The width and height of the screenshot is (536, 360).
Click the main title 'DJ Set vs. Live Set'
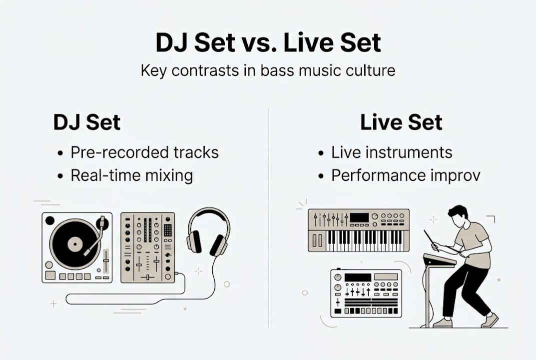coord(268,43)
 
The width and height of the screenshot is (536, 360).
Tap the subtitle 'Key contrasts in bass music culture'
coord(268,70)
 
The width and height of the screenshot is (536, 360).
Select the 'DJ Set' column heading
coord(87,122)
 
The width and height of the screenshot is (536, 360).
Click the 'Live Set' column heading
coord(401,122)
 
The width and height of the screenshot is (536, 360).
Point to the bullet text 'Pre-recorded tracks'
coord(145,152)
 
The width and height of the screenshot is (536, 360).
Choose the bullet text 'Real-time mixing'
coord(132,175)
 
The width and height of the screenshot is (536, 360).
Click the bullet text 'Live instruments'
coord(392,152)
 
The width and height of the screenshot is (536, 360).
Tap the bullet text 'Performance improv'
coord(406,175)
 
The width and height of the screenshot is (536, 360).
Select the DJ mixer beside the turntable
coord(148,247)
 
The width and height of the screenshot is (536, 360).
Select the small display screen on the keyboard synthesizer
coord(359,217)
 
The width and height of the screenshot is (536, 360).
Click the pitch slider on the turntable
coord(106,260)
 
